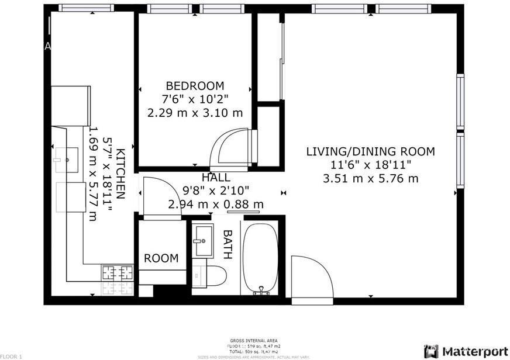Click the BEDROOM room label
195,85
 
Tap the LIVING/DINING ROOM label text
371,152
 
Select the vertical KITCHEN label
120,174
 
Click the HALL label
216,178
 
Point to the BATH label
228,244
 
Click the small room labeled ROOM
161,258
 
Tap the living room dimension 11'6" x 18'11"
371,165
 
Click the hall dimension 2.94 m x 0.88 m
216,204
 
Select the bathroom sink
204,240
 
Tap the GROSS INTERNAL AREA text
254,341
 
